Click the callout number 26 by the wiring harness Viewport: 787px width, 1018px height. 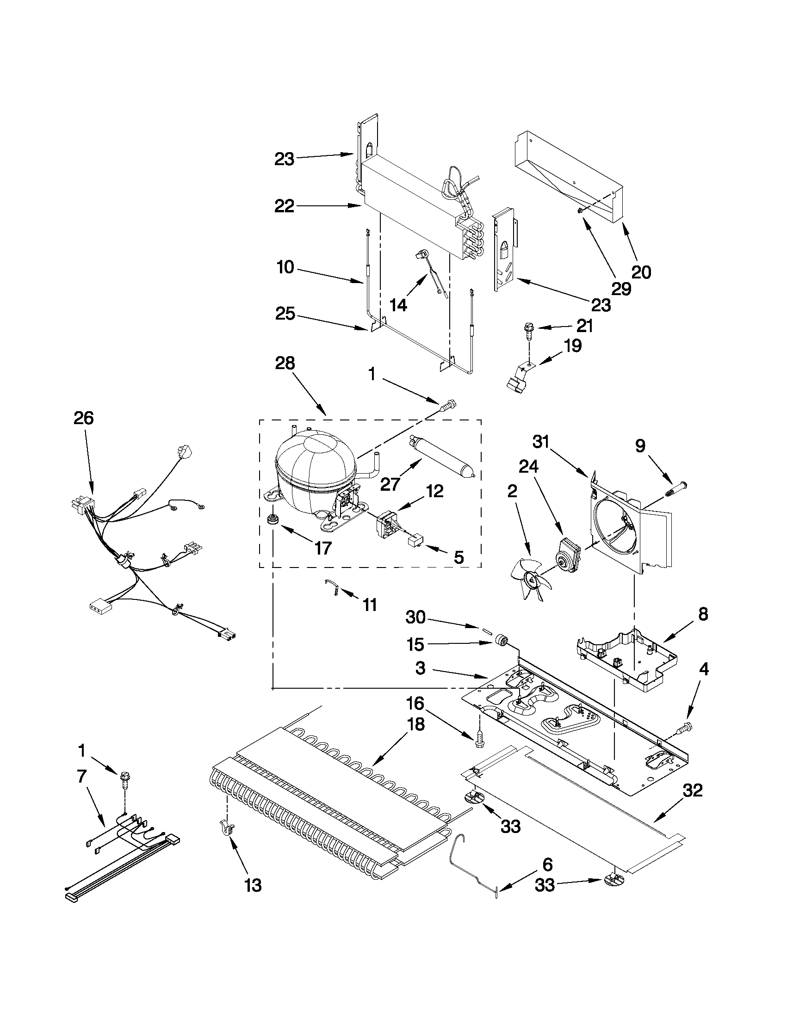(x=84, y=418)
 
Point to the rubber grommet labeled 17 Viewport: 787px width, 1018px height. (x=271, y=519)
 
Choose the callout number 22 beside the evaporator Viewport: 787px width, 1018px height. (x=285, y=205)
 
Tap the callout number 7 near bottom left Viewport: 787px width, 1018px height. (x=81, y=777)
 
